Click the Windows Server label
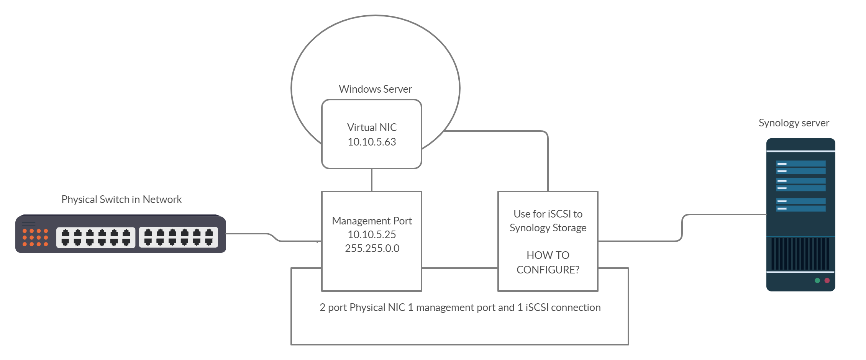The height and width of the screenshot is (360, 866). click(375, 89)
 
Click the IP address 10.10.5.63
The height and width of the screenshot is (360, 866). click(372, 142)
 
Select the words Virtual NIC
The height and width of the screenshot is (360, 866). click(372, 127)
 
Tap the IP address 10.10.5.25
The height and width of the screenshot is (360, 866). click(372, 234)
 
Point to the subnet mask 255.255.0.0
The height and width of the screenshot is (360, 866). click(372, 248)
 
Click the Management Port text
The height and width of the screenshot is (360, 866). click(372, 221)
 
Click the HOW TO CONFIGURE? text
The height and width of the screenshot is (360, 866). click(548, 262)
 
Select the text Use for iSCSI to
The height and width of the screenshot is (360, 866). click(548, 214)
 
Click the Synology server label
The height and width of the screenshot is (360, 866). click(794, 123)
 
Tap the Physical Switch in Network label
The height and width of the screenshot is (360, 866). click(121, 200)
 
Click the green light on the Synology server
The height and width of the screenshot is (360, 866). click(817, 281)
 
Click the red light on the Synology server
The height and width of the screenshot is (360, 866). click(827, 281)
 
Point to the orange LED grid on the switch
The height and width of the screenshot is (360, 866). click(35, 237)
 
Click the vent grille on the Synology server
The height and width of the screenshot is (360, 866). click(800, 254)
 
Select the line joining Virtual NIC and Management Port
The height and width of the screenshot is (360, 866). click(372, 180)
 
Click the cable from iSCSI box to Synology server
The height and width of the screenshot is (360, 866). click(644, 241)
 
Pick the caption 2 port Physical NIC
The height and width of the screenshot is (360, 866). click(460, 308)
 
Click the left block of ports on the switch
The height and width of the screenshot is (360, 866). click(96, 237)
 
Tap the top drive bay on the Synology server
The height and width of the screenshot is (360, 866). click(800, 164)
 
